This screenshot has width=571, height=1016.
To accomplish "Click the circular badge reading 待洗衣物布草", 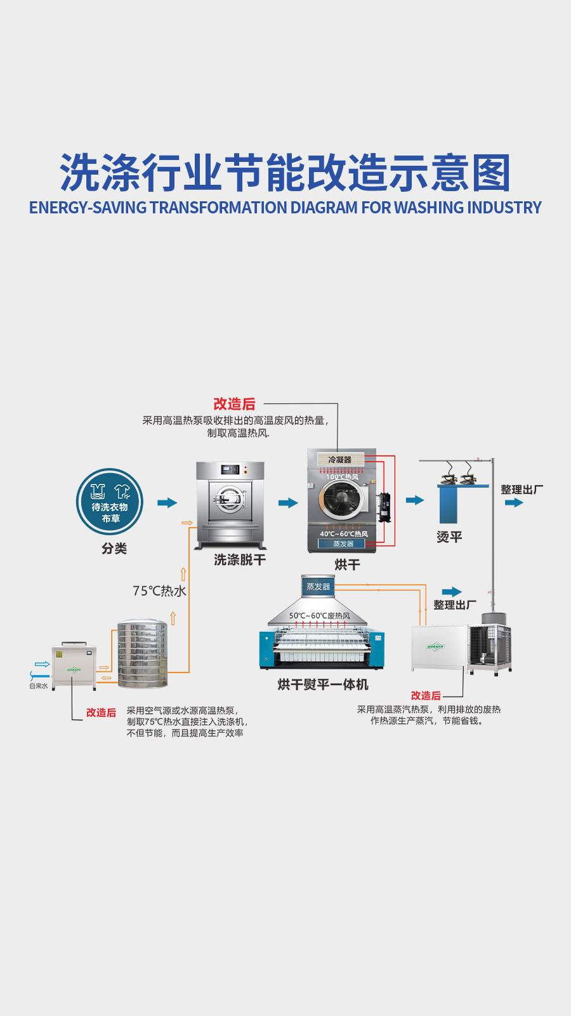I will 110,502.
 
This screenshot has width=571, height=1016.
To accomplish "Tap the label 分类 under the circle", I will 114,549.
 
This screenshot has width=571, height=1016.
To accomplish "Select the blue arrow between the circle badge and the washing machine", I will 167,503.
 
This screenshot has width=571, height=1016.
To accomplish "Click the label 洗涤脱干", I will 240,559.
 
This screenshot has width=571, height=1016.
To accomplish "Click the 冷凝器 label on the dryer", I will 340,459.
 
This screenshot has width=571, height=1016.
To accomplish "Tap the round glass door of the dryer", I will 343,497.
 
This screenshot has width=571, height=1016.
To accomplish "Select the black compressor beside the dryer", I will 384,507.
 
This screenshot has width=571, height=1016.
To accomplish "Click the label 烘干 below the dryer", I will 347,565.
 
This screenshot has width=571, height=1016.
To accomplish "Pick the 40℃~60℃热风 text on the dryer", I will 343,534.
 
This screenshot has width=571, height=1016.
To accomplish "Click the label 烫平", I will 449,537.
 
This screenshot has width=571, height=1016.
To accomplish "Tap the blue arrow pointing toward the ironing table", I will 414,500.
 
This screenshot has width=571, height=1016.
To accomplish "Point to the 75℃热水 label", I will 159,591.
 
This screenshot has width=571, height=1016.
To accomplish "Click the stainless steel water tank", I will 143,655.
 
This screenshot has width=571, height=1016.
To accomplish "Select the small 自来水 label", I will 38,686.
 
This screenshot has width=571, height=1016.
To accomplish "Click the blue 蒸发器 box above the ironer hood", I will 318,587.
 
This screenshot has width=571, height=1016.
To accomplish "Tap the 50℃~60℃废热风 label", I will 320,616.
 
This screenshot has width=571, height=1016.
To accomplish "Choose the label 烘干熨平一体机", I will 322,685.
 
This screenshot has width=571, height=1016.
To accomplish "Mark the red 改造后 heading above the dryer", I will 234,404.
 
